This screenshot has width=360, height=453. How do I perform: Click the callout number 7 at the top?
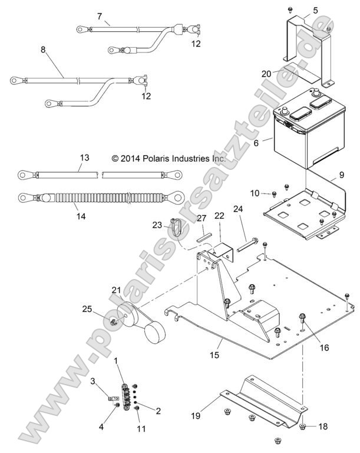(x=99, y=16)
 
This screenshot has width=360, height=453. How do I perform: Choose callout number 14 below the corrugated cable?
(x=81, y=216)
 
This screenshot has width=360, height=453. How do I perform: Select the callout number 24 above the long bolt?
(x=238, y=209)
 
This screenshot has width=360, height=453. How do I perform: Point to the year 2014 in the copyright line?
(x=130, y=159)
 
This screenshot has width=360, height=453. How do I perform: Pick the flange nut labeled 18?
(x=302, y=426)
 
